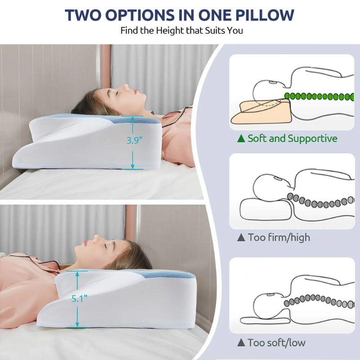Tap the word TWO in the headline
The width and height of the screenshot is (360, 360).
tap(83, 15)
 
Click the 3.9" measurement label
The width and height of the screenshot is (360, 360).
tap(135, 140)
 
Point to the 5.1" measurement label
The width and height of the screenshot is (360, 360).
tap(80, 298)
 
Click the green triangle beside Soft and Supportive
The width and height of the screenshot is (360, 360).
tap(241, 139)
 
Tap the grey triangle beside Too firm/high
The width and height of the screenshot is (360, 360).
tap(241, 237)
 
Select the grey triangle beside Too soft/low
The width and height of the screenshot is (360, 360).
tap(241, 342)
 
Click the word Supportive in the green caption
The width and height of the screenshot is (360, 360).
tap(312, 139)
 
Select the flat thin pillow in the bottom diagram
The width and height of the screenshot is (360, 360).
tap(264, 321)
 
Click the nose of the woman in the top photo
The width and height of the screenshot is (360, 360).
tap(126, 87)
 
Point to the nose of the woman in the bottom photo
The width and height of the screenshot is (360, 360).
tap(96, 238)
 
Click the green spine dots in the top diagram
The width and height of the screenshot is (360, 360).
tap(319, 96)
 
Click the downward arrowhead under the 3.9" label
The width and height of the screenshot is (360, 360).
tap(132, 166)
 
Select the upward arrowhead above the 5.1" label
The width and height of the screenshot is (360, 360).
tap(77, 274)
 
